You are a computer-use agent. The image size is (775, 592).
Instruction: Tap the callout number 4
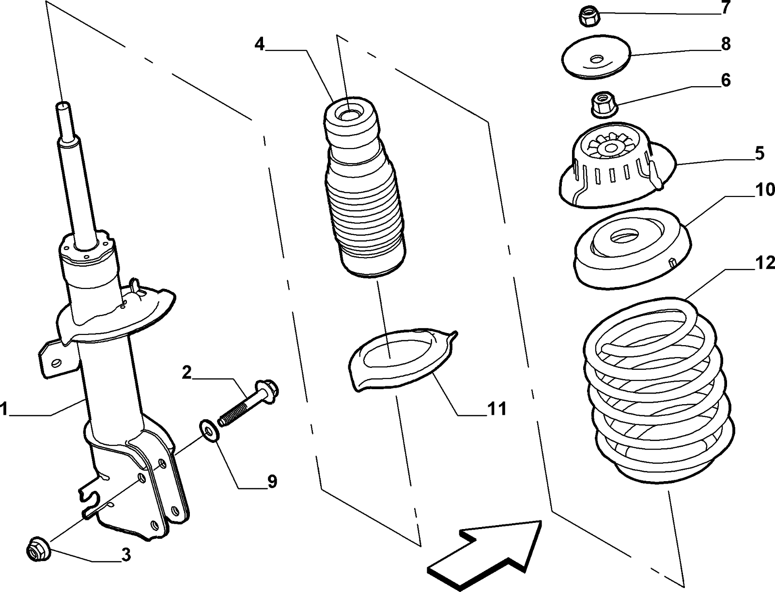point(260,45)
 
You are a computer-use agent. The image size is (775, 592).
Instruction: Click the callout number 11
point(497,409)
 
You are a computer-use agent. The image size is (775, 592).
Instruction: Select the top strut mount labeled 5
point(615,169)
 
